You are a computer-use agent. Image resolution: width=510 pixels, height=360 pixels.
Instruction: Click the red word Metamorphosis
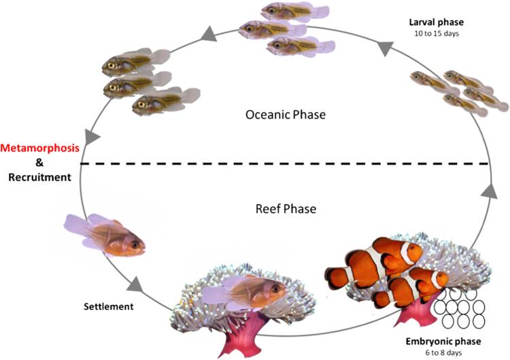click(x=39, y=148)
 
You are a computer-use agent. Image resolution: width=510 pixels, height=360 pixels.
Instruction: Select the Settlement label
click(x=109, y=306)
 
